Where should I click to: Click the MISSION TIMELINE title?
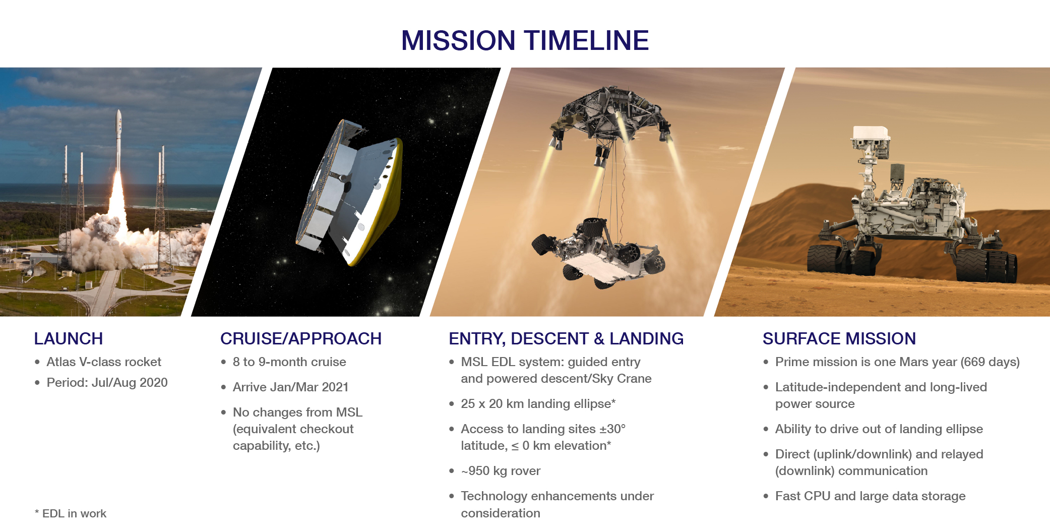(x=525, y=40)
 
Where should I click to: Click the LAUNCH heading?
(x=69, y=338)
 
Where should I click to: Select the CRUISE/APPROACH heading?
(x=301, y=338)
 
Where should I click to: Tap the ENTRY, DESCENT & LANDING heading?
(x=566, y=339)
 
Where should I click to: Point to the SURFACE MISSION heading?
(x=839, y=338)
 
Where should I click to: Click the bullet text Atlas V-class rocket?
(x=104, y=362)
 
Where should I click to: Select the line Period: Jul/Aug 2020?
(x=107, y=383)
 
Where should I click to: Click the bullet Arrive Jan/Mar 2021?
(x=290, y=387)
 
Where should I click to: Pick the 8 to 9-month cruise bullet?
(x=289, y=362)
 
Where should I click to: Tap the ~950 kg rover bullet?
(x=501, y=471)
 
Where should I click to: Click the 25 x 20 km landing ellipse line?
(x=538, y=403)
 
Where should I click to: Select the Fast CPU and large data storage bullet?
(x=870, y=496)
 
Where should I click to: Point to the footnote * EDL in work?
(x=71, y=513)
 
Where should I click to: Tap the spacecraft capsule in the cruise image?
(x=350, y=192)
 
